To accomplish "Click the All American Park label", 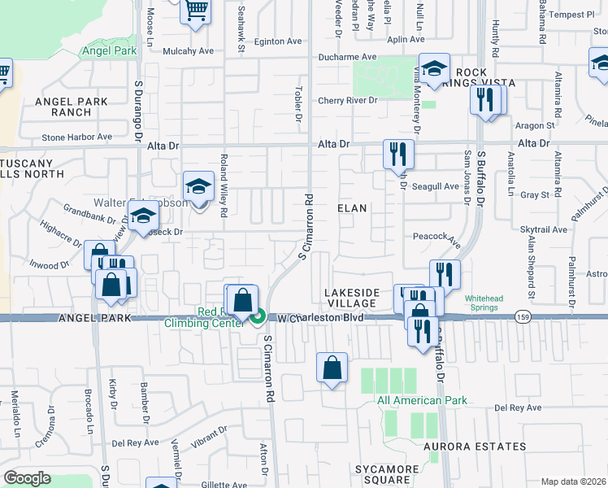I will [421, 400].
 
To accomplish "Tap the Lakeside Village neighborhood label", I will [350, 298].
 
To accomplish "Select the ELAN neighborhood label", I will [352, 208].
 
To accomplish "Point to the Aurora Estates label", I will [473, 447].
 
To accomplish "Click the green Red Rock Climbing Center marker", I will [258, 317].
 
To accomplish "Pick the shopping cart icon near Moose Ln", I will [195, 11].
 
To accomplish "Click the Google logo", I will [27, 478].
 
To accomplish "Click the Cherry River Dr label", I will [348, 100].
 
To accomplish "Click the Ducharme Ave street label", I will [347, 57].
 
